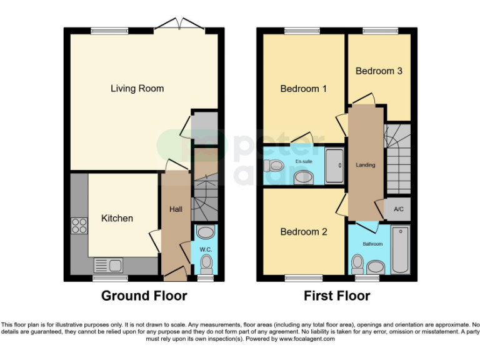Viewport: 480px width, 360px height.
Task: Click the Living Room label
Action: pyautogui.click(x=137, y=89)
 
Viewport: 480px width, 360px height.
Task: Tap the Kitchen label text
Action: pyautogui.click(x=117, y=218)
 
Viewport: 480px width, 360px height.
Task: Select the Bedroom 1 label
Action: pyautogui.click(x=303, y=89)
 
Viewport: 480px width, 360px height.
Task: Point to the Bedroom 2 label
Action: pyautogui.click(x=303, y=232)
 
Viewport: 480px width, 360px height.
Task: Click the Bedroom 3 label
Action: pyautogui.click(x=379, y=71)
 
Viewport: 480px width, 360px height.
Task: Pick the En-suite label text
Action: pyautogui.click(x=304, y=162)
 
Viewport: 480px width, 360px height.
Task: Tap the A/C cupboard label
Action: pyautogui.click(x=397, y=209)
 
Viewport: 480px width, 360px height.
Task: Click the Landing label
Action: pyautogui.click(x=366, y=165)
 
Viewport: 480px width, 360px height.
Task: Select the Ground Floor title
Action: pyautogui.click(x=144, y=296)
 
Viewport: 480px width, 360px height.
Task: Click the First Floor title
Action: pyautogui.click(x=337, y=296)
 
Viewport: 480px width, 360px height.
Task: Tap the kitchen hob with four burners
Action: pyautogui.click(x=79, y=225)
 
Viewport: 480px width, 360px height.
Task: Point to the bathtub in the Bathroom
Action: pyautogui.click(x=400, y=250)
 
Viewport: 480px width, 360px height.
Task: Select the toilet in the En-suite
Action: pyautogui.click(x=272, y=166)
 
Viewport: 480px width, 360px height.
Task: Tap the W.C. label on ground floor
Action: pyautogui.click(x=205, y=250)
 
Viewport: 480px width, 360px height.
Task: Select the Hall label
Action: pyautogui.click(x=176, y=209)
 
